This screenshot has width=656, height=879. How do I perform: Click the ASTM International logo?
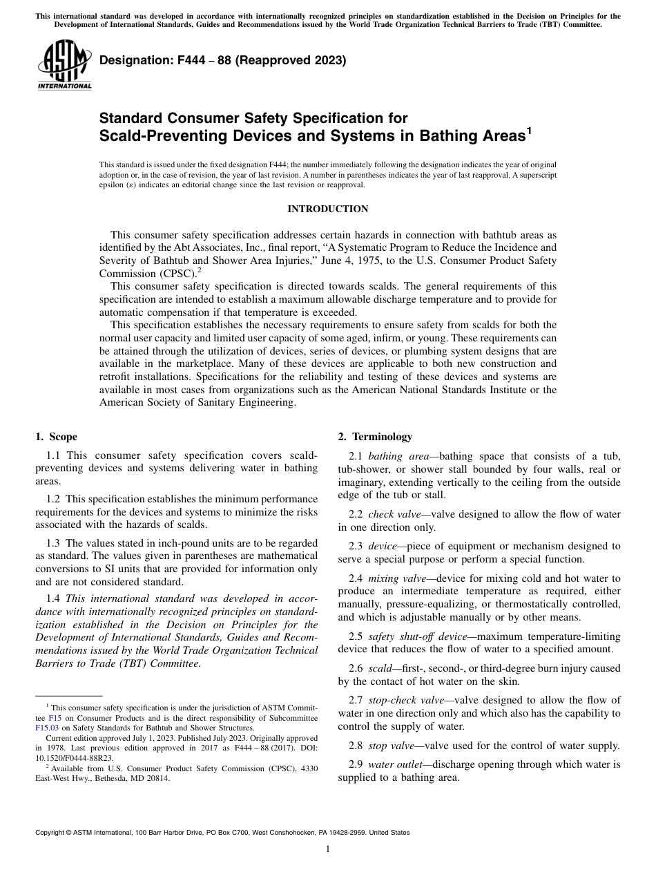coord(64,66)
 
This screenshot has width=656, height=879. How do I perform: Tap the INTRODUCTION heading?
coord(327,209)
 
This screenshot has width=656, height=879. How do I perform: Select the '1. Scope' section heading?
coord(57,437)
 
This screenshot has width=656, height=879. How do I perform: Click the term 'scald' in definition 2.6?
coord(380,668)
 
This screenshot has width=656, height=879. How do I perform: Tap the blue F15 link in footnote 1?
coord(55,717)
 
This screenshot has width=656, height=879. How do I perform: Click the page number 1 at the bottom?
coord(327,849)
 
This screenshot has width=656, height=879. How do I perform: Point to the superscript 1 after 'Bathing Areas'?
coord(529,129)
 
